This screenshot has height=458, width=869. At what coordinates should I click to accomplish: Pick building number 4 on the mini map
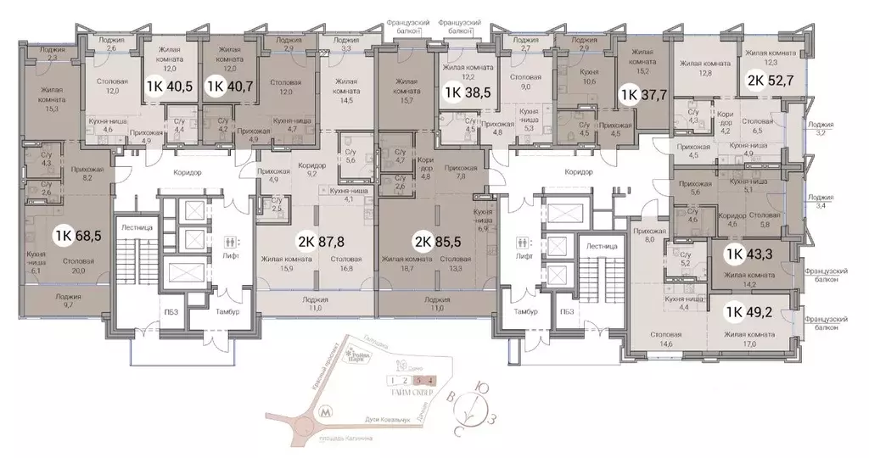pos(432,379)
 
